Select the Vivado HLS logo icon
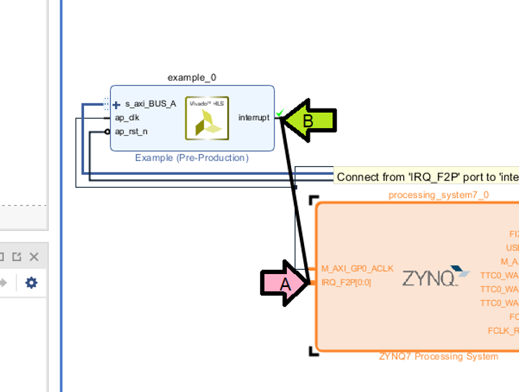click(x=207, y=117)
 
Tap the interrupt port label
click(x=254, y=117)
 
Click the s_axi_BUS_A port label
click(x=150, y=104)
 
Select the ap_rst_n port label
click(x=131, y=132)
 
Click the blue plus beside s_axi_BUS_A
click(x=116, y=104)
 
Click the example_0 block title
click(x=191, y=77)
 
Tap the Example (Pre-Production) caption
click(x=191, y=158)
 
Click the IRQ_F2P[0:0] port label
click(x=346, y=282)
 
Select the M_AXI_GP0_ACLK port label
click(x=357, y=268)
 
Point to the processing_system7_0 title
click(x=438, y=195)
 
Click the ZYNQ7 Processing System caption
click(x=438, y=357)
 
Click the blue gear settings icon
click(x=31, y=283)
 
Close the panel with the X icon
click(x=33, y=257)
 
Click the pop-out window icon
click(x=16, y=257)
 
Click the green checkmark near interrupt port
click(x=280, y=112)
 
